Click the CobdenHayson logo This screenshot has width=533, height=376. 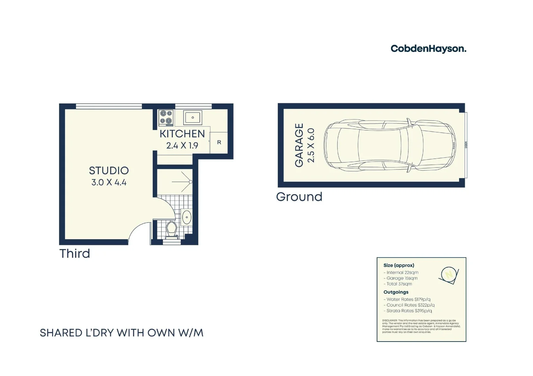pyautogui.click(x=428, y=49)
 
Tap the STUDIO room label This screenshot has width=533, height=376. pyautogui.click(x=109, y=171)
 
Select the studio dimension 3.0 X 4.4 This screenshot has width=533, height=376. pyautogui.click(x=109, y=182)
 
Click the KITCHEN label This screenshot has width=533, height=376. pyautogui.click(x=182, y=134)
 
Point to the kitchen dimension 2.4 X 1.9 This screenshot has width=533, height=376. pyautogui.click(x=182, y=146)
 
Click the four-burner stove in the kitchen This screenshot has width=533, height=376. pyautogui.click(x=166, y=118)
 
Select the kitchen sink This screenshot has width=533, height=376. pyautogui.click(x=193, y=118)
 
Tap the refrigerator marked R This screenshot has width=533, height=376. pyautogui.click(x=219, y=142)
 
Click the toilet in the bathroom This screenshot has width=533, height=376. pyautogui.click(x=171, y=229)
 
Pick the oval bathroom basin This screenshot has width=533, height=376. pyautogui.click(x=187, y=217)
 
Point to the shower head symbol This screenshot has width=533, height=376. pyautogui.click(x=190, y=182)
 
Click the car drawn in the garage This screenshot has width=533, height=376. pyautogui.click(x=390, y=145)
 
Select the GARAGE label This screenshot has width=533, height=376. pyautogui.click(x=299, y=145)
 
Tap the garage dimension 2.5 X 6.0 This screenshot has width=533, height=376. pyautogui.click(x=311, y=145)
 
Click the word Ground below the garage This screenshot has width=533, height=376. pyautogui.click(x=299, y=197)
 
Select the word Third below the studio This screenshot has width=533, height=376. pyautogui.click(x=75, y=253)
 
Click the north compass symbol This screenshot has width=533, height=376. pyautogui.click(x=449, y=275)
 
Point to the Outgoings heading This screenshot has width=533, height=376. pyautogui.click(x=396, y=292)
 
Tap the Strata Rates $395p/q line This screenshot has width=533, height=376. pyautogui.click(x=409, y=311)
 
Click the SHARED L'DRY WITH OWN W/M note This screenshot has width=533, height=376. pyautogui.click(x=121, y=333)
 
